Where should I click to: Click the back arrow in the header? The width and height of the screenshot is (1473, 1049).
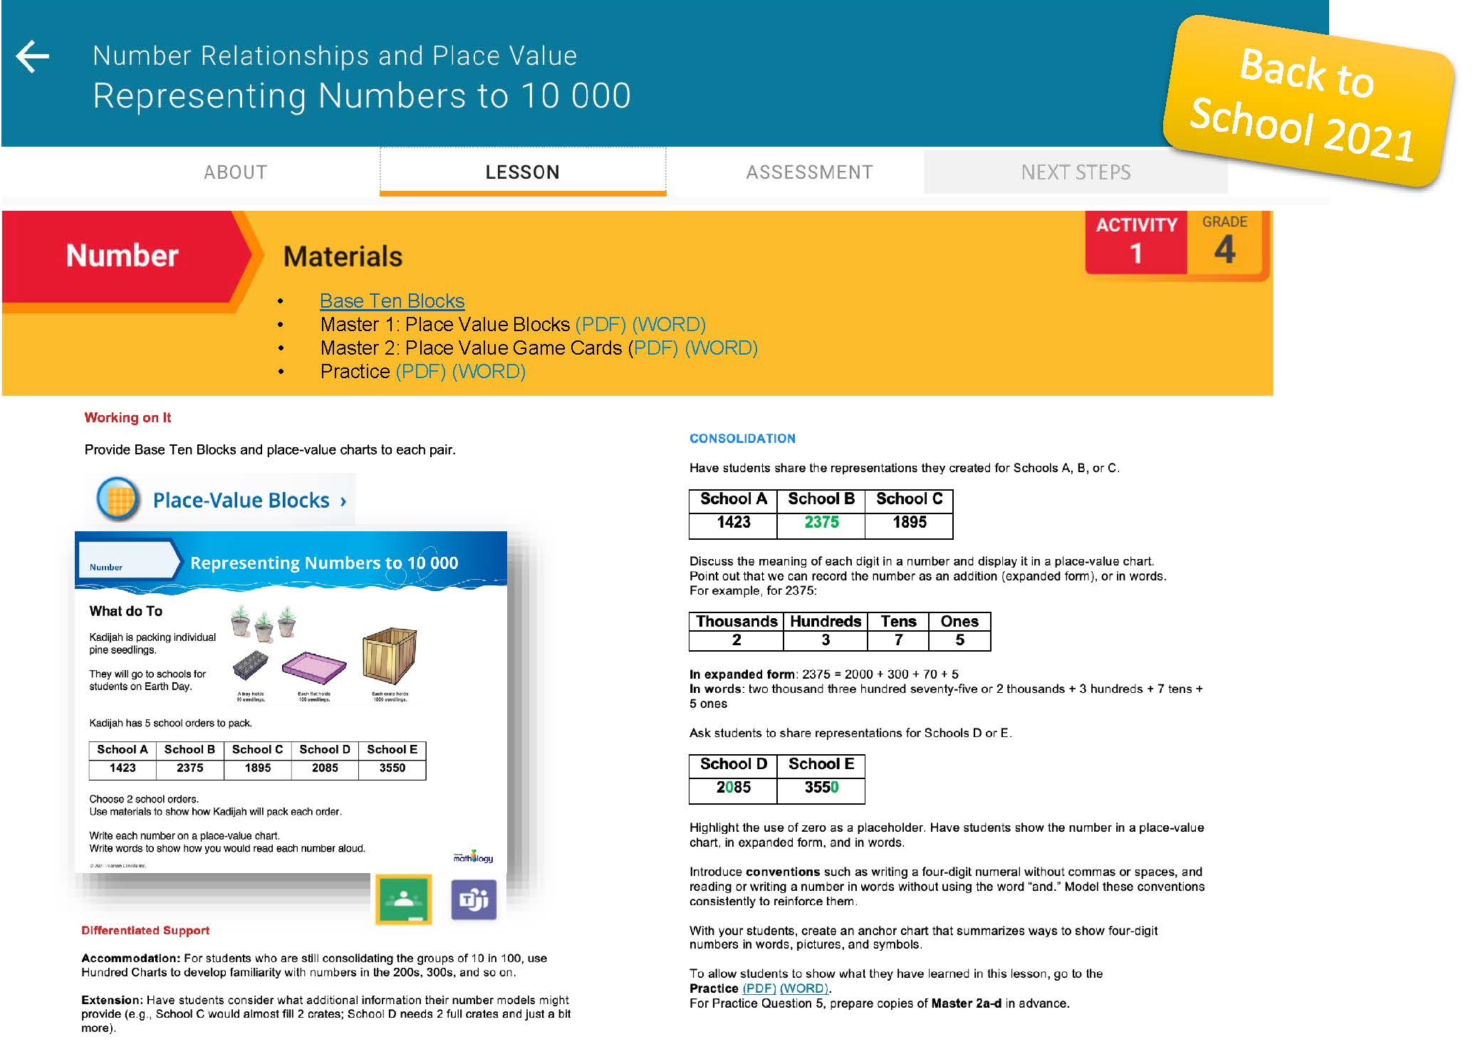pos(33,57)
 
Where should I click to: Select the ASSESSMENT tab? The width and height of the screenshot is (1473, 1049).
pos(809,172)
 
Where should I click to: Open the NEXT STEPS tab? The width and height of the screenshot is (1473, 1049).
pos(1076,172)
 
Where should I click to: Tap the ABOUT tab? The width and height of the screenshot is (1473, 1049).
pos(235,172)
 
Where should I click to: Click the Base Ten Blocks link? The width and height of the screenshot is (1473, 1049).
pos(392,301)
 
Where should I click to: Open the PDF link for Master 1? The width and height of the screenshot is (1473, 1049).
pos(600,325)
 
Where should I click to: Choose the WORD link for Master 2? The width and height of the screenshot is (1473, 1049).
pos(720,348)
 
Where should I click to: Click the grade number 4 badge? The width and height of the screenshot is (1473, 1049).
pos(1224,249)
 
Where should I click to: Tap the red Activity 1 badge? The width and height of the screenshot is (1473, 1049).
pos(1136,242)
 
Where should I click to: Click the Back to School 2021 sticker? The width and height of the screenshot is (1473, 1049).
pos(1307,103)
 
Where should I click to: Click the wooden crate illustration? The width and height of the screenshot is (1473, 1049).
pos(389,656)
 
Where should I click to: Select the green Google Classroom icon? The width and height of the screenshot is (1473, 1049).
pos(403,899)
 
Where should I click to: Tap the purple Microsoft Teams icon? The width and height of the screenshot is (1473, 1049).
pos(474,899)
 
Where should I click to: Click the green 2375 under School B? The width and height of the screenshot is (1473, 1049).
pos(821,523)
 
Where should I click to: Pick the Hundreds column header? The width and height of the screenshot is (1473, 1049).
pos(825,622)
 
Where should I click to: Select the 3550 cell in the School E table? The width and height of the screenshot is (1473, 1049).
pos(821,788)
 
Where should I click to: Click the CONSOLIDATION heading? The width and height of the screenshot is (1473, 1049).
pos(742,439)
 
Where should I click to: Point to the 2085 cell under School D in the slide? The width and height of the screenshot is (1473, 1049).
pos(325,768)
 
